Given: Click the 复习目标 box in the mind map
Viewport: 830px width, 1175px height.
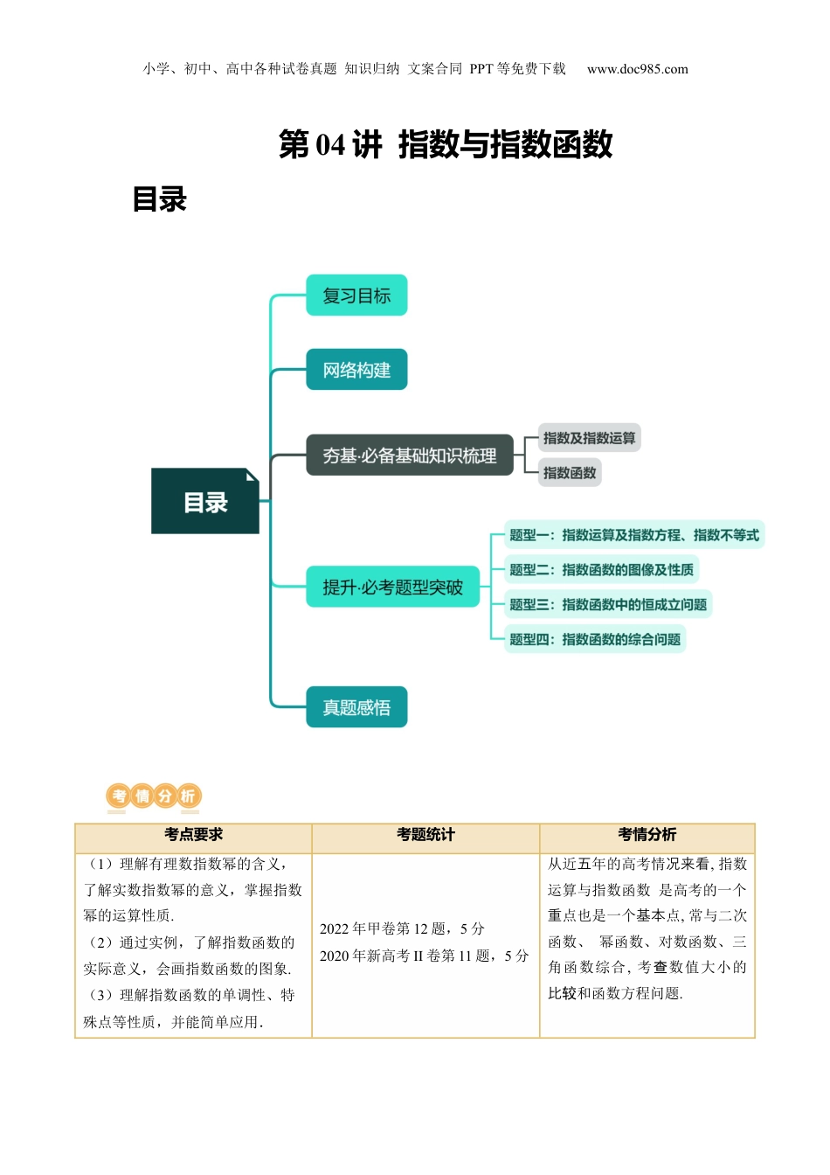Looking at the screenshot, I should click(x=356, y=295).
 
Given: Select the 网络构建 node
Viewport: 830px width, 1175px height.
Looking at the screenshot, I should click(x=356, y=370).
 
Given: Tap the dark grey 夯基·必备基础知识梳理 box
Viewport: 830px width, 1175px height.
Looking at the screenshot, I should click(x=409, y=455).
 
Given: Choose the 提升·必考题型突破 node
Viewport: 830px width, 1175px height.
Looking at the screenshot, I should click(x=392, y=587).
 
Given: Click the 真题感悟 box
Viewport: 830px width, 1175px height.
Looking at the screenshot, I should click(x=356, y=707).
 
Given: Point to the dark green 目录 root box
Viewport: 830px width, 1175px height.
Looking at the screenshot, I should click(x=205, y=502).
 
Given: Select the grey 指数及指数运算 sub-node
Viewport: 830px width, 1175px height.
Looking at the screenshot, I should click(x=589, y=438).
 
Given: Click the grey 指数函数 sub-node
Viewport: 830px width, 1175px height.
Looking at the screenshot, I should click(x=570, y=473).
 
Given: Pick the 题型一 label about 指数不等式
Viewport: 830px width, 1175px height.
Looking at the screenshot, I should click(x=634, y=535).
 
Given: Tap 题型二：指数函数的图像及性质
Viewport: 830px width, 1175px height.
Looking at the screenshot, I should click(x=601, y=570).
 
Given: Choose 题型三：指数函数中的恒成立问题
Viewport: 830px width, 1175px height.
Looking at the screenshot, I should click(x=608, y=604).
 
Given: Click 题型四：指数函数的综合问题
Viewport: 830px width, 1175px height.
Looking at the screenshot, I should click(x=595, y=639).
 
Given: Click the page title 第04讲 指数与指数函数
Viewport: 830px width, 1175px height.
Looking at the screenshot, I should click(x=446, y=144).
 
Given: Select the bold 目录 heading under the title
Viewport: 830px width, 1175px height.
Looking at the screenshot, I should click(x=160, y=199).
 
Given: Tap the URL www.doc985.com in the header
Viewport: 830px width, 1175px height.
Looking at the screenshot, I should click(x=637, y=69).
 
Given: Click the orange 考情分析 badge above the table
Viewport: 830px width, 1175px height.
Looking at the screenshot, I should click(x=154, y=796).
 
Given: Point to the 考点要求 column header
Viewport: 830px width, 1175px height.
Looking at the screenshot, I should click(x=193, y=835).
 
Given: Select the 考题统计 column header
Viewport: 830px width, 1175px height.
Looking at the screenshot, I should click(x=425, y=835).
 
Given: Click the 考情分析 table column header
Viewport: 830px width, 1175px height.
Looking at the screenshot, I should click(x=647, y=835).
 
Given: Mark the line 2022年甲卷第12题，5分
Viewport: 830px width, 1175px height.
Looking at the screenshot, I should click(x=402, y=928).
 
